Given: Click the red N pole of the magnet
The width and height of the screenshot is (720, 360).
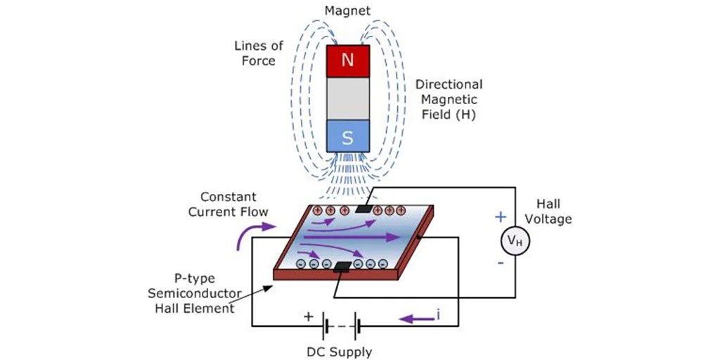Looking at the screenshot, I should pyautogui.click(x=347, y=60).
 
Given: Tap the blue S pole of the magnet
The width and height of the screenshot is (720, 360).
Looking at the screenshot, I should pyautogui.click(x=347, y=136).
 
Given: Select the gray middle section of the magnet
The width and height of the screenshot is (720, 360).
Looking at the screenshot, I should pyautogui.click(x=347, y=98).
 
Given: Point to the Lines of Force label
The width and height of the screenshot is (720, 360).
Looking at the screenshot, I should pyautogui.click(x=259, y=53).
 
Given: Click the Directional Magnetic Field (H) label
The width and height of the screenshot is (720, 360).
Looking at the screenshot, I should pyautogui.click(x=449, y=99).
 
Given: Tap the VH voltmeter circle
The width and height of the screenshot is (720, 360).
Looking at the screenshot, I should pyautogui.click(x=515, y=241).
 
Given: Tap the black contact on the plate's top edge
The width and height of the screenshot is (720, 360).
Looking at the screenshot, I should pyautogui.click(x=364, y=208).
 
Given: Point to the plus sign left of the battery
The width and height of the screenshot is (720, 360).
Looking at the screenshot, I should pyautogui.click(x=308, y=316).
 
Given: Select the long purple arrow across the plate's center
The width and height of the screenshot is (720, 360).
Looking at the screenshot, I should pyautogui.click(x=352, y=238).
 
